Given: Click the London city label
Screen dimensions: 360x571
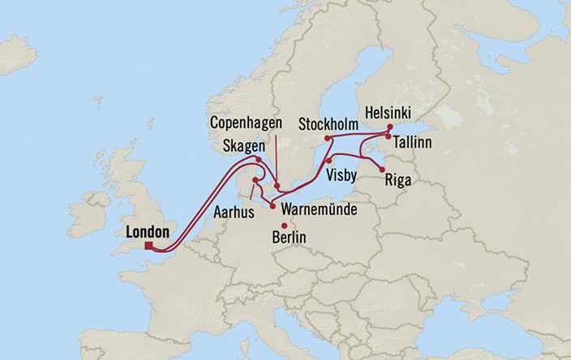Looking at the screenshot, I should click(x=148, y=232).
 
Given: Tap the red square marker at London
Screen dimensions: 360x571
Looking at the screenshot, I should click(x=148, y=246).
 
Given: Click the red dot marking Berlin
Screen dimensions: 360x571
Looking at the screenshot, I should click(x=283, y=225).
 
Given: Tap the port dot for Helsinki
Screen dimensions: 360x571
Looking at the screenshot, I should click(x=389, y=127).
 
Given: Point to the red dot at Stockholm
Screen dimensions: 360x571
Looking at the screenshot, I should click(x=328, y=139).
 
